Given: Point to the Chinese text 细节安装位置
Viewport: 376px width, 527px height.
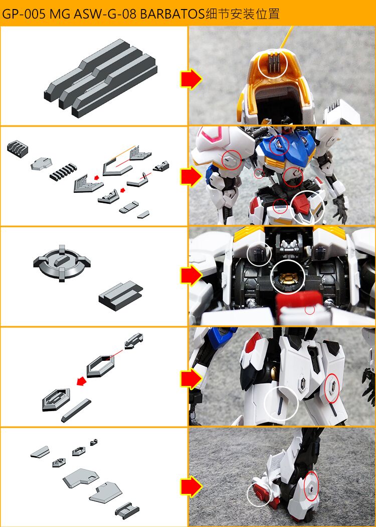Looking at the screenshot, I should pyautogui.click(x=242, y=14).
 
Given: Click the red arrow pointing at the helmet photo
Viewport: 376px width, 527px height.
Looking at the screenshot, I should pyautogui.click(x=191, y=79).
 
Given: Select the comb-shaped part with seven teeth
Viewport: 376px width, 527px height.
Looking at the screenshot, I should pyautogui.click(x=62, y=173).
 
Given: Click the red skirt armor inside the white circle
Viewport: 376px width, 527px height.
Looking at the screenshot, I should pyautogui.click(x=303, y=204).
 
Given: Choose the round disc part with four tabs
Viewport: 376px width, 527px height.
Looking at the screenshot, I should pyautogui.click(x=61, y=262).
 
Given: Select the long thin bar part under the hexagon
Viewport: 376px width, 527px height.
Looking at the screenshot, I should pyautogui.click(x=76, y=411).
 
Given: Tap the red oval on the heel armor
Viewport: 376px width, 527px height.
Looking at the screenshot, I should pyautogui.click(x=311, y=486).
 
